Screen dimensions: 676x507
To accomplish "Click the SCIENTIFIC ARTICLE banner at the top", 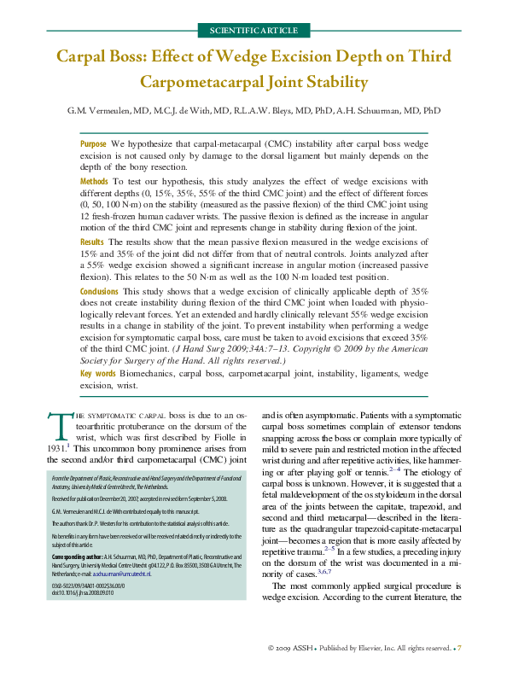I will [x=253, y=30].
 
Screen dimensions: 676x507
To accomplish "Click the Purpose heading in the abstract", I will [x=93, y=144].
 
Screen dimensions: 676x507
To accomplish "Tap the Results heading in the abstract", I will [x=93, y=242].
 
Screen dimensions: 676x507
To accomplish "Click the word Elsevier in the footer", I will [x=362, y=648].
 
